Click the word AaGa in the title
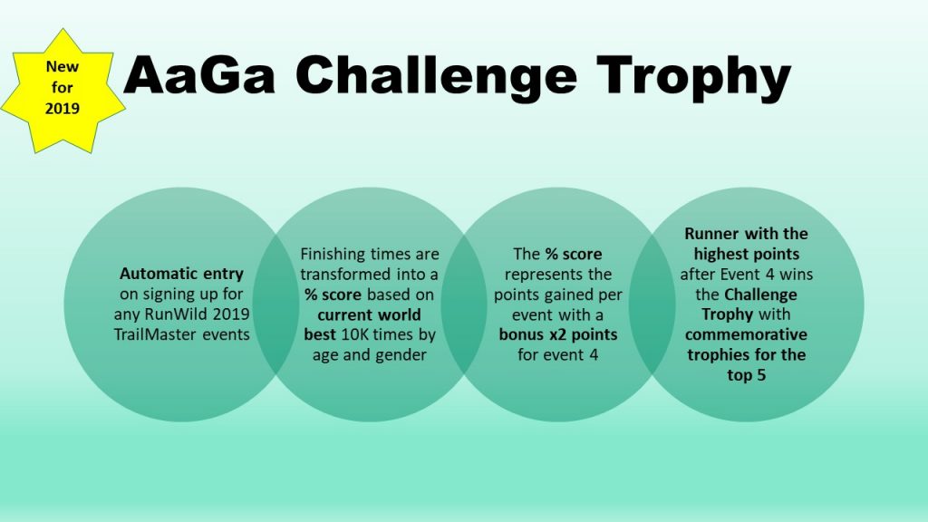tap(199, 74)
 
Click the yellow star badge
tap(63, 90)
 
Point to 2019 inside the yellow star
tap(63, 109)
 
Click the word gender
tap(401, 355)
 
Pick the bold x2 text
tap(557, 335)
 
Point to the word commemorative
tap(746, 334)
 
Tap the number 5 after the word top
tap(760, 375)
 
